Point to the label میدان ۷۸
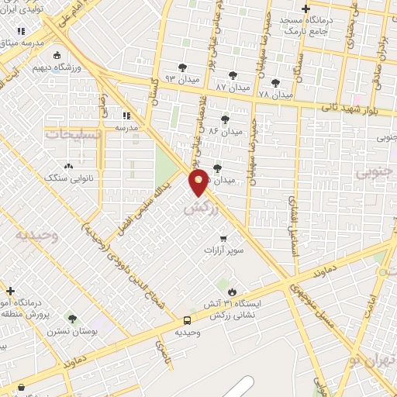[x=275, y=95]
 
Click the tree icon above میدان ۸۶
[x=225, y=119]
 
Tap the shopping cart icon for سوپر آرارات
[x=224, y=238]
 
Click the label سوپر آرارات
[x=224, y=251]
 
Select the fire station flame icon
[x=230, y=291]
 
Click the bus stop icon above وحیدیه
[x=186, y=319]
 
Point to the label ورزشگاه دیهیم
[x=56, y=67]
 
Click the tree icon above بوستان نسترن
[x=71, y=318]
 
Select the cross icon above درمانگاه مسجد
[x=307, y=9]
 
